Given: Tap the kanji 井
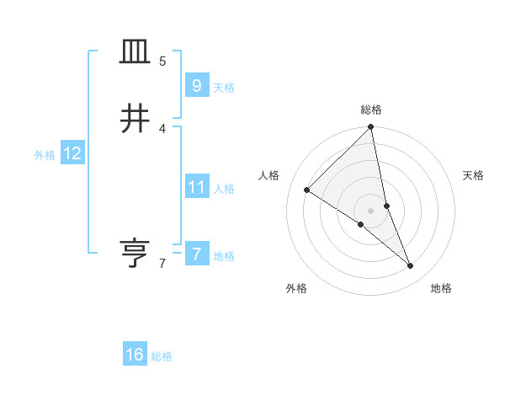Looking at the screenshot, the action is [135, 120].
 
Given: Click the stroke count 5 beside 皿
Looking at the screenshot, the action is [162, 62].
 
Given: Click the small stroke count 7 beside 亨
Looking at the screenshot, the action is [162, 264].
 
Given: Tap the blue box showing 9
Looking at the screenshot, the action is [196, 86].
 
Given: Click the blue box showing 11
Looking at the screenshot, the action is [196, 187].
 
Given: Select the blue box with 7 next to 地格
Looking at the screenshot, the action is [196, 254].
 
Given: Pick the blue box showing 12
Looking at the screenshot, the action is [72, 153].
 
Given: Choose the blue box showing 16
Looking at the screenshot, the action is [135, 355].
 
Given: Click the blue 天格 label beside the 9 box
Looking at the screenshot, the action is [224, 88].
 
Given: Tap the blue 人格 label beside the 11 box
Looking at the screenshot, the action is [224, 189].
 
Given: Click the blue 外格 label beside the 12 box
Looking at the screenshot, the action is [45, 155].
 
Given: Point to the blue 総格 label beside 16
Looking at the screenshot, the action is [162, 356].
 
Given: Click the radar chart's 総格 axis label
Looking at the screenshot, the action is [371, 110].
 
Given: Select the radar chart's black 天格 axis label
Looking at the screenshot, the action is [473, 175].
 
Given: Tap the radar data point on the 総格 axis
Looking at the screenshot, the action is [371, 128].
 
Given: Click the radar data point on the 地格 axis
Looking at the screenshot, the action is [411, 265].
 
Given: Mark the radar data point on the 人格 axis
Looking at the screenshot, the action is [307, 190].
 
